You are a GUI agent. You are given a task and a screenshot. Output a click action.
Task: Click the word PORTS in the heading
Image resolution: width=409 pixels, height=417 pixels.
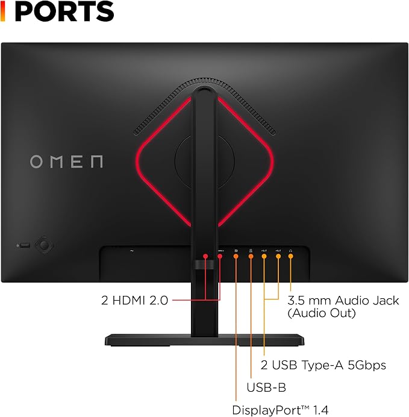[x=64, y=11]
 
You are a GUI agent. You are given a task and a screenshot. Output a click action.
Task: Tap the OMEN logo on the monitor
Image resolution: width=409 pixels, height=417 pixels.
[x=66, y=161]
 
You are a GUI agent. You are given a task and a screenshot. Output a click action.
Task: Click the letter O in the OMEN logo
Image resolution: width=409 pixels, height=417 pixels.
[x=36, y=161]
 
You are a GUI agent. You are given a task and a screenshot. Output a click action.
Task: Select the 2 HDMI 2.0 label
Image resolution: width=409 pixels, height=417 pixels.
[x=134, y=301]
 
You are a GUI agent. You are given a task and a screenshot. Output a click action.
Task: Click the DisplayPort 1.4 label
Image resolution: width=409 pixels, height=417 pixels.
[x=280, y=410]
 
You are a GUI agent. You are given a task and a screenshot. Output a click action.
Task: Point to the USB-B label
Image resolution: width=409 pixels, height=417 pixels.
[x=266, y=387]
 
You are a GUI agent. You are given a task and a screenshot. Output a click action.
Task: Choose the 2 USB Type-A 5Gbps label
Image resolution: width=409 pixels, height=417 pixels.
[x=323, y=365]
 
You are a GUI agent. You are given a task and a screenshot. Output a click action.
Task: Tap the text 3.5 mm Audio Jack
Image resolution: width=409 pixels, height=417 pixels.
[x=343, y=301]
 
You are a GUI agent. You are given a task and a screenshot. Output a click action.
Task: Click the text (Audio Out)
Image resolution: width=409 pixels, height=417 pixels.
[x=322, y=313]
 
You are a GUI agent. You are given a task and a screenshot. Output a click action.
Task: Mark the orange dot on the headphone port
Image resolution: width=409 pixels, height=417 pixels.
[x=291, y=256]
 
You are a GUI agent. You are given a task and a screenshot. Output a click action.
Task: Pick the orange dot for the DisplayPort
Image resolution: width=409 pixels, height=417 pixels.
[x=236, y=256]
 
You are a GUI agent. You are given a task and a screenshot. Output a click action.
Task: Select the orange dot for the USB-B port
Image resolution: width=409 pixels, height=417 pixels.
[x=251, y=256]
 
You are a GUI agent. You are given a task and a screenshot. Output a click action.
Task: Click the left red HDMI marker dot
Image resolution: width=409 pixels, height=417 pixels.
[x=205, y=256]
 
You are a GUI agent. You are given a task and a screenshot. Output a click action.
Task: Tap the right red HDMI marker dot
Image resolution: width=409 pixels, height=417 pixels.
[x=220, y=256]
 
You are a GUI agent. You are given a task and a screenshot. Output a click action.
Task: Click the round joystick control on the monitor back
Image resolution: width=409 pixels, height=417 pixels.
[x=44, y=245]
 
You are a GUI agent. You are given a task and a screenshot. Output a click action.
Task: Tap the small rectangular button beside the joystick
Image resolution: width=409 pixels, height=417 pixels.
[x=25, y=245]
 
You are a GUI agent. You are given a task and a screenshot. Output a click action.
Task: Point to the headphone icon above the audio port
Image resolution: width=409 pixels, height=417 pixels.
[x=291, y=251]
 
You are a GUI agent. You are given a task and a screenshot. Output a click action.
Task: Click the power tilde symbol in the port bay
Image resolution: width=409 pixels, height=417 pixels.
[x=132, y=251]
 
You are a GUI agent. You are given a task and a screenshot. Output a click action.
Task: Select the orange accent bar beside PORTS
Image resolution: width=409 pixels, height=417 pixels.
[x=2, y=11]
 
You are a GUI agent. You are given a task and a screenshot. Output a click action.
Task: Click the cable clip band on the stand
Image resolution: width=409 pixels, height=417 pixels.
[x=204, y=265]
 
